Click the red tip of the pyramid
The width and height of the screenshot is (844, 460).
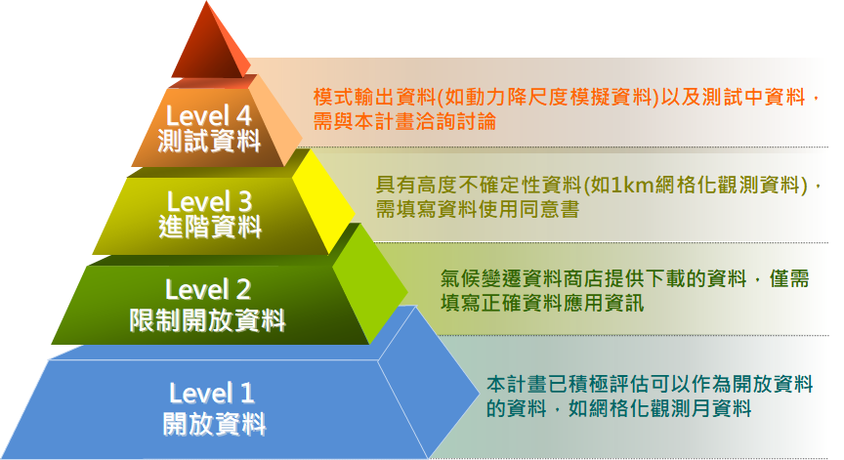pos(209,43)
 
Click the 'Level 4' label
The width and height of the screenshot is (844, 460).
pos(208,115)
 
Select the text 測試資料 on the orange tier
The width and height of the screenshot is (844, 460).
pos(209,141)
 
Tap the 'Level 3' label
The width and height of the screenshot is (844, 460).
pos(209,202)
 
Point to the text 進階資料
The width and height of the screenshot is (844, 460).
pos(210,227)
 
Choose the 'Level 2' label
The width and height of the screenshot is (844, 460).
pos(208,290)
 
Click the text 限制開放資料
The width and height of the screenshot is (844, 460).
pos(208,320)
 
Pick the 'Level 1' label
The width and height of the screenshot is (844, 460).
pos(212,393)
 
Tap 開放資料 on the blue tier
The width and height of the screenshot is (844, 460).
pos(214,424)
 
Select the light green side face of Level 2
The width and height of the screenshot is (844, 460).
pos(371,285)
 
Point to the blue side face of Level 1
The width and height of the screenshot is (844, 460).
pos(428,382)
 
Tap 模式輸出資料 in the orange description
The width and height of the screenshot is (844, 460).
pos(374,98)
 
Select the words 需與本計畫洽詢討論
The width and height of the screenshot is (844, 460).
pos(404,121)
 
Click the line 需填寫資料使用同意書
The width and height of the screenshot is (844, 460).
pos(478,209)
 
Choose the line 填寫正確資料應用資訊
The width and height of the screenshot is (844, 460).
pos(542,303)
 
